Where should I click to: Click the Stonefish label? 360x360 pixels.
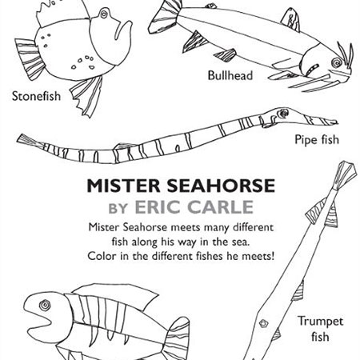click(x=36, y=96)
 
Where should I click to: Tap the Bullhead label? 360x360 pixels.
click(x=230, y=75)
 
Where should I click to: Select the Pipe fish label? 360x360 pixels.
click(x=317, y=140)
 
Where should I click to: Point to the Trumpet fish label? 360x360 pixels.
click(x=320, y=329)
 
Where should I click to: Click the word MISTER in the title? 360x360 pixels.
click(x=123, y=186)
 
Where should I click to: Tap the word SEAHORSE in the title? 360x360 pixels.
click(x=221, y=186)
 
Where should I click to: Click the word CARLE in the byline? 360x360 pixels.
click(x=222, y=207)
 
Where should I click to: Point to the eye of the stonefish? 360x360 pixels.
click(x=104, y=14)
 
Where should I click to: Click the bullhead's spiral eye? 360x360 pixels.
click(x=336, y=63)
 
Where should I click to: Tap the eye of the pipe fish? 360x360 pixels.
click(x=282, y=114)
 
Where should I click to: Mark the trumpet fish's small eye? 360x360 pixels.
click(x=263, y=323)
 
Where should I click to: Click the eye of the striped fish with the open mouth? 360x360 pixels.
click(x=45, y=305)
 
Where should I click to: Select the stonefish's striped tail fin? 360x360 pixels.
click(x=30, y=58)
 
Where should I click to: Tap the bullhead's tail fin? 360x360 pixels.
click(x=164, y=17)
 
